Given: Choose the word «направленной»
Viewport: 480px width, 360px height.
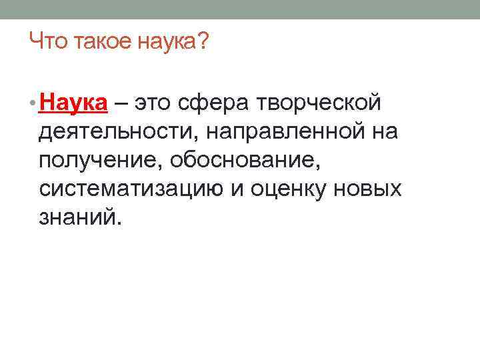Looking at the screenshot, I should [x=283, y=133].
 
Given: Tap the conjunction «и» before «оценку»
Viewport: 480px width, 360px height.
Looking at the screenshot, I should [x=239, y=190].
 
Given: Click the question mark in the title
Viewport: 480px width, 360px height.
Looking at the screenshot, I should [x=203, y=44].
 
